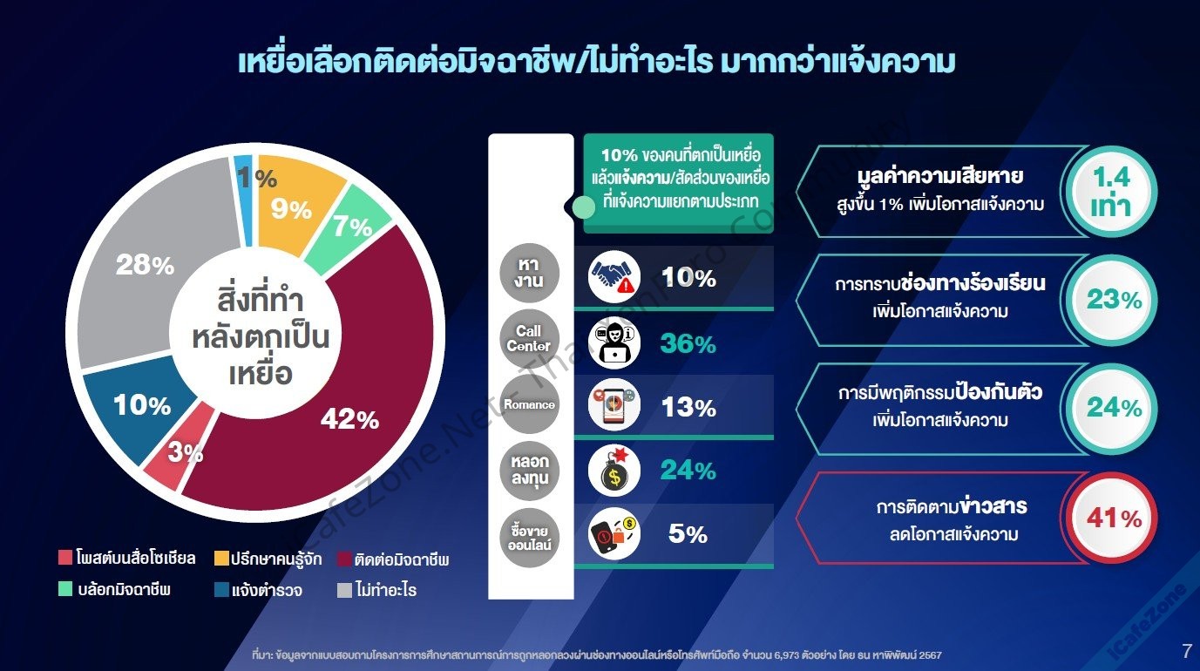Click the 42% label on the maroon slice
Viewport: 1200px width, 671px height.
pos(349,419)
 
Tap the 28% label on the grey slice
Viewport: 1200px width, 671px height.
pos(146,265)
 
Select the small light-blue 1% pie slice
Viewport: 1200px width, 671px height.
pos(244,200)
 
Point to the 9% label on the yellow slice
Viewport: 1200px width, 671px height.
pos(291,209)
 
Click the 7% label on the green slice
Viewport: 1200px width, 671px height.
pos(352,226)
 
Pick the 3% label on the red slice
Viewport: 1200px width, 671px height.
pos(186,452)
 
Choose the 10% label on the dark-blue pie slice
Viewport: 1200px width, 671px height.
pos(142,405)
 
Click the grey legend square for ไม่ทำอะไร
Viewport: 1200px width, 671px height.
pos(344,590)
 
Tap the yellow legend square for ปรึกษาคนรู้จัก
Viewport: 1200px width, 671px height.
pos(221,558)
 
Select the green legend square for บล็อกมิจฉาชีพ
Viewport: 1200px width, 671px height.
pos(65,589)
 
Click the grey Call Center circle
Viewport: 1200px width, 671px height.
pos(529,338)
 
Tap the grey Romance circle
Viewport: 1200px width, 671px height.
pos(529,404)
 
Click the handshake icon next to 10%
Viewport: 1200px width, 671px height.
pos(614,277)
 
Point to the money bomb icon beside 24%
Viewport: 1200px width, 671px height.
pos(614,471)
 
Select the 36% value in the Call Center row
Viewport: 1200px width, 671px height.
pos(688,343)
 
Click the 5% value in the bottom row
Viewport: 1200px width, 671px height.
pos(688,533)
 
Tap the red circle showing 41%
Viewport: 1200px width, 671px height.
pos(1112,518)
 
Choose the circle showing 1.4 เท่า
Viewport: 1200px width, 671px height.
pos(1112,191)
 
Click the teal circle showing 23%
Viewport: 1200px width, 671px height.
pos(1112,300)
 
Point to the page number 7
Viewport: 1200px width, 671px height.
pos(1187,651)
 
